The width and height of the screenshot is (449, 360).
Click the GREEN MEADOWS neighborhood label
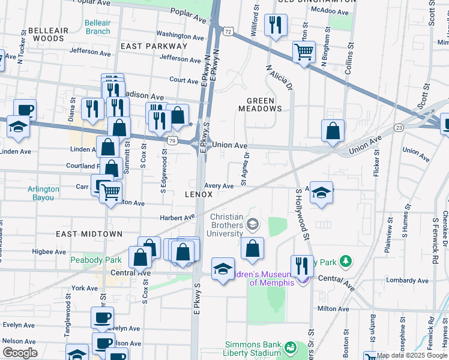260,104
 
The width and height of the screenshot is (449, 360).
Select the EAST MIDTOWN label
89,233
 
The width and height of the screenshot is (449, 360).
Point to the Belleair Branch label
97,27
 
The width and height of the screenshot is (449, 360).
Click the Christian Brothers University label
226,225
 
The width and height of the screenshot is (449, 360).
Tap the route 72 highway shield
226,30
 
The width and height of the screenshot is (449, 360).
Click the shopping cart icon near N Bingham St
304,52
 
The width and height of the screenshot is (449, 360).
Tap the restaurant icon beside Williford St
275,25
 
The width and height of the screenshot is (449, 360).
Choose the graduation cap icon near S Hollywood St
321,192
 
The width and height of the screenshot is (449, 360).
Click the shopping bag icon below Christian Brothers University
253,248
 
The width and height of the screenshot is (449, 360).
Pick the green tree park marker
345,262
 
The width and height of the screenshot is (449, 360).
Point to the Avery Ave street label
218,186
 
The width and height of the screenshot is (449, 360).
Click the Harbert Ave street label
178,217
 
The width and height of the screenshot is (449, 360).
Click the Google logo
20,353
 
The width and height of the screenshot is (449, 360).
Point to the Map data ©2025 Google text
412,355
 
